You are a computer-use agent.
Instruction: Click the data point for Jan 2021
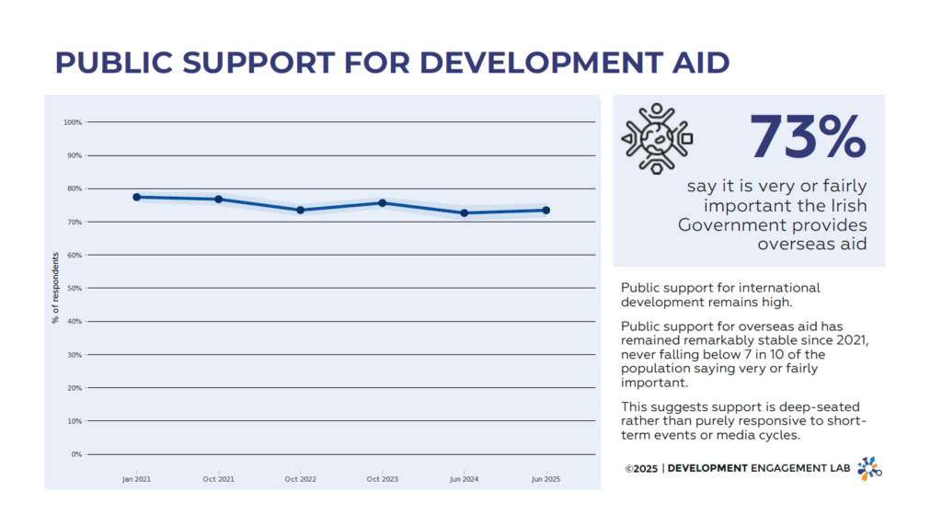tap(136, 197)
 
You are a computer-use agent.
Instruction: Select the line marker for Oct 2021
tap(218, 200)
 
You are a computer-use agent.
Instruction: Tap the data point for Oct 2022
tap(300, 211)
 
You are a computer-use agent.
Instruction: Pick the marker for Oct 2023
tap(382, 203)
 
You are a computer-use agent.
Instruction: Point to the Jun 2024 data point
tap(464, 213)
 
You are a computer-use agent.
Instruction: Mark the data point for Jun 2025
tap(546, 211)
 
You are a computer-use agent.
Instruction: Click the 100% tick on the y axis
tap(73, 122)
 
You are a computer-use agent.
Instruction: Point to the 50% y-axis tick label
tap(74, 289)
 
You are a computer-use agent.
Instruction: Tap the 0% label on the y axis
tap(76, 454)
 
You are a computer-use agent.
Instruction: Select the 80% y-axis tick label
tap(74, 188)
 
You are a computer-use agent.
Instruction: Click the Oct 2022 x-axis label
tap(300, 479)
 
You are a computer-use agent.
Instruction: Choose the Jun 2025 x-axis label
tap(546, 479)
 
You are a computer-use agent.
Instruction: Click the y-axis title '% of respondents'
tap(55, 288)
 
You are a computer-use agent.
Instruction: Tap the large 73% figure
tap(808, 137)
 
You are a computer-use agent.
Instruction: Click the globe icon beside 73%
tap(657, 138)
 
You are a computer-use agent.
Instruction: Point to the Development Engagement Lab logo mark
tap(869, 468)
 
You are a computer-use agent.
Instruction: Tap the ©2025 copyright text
tap(640, 469)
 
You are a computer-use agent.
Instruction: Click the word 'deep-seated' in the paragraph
tap(787, 407)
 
